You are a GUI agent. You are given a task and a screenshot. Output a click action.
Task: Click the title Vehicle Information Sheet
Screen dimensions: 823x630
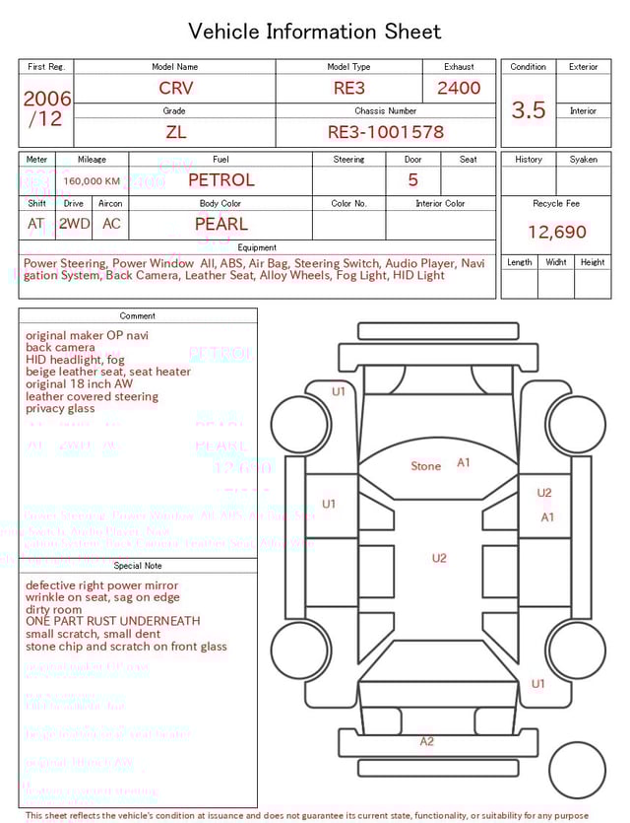315,32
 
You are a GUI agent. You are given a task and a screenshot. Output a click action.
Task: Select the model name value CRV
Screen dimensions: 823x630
176,88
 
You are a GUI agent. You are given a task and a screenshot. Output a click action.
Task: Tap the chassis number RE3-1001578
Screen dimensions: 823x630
386,131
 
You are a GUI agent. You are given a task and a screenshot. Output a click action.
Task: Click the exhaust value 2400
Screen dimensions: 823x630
459,88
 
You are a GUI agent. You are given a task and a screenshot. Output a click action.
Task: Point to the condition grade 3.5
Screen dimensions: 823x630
529,109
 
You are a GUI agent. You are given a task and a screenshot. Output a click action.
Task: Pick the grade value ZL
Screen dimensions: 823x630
175,131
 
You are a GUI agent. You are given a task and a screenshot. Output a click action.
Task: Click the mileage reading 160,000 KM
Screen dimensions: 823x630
92,181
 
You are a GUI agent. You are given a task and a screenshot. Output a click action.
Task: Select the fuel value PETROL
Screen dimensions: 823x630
221,179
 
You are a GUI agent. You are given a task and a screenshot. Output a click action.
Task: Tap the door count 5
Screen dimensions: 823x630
413,179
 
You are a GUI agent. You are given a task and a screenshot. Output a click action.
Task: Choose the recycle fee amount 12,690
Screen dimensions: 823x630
556,233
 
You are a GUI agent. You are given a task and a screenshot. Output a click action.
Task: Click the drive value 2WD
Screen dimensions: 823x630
74,224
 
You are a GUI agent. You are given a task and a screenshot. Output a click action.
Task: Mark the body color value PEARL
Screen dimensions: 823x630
221,224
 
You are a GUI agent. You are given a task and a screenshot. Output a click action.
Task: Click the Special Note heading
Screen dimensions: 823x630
138,566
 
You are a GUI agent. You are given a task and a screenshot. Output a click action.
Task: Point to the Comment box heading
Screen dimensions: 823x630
138,316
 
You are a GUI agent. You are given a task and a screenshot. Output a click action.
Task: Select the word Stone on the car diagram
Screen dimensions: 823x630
425,466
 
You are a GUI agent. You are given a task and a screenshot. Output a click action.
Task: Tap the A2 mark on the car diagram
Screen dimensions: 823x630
426,741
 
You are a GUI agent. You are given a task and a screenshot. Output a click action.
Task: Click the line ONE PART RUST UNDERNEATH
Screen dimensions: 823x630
112,622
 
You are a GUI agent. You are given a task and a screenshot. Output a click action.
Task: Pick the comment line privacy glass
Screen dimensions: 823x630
60,409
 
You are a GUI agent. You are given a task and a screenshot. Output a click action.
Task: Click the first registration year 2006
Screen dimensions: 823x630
47,99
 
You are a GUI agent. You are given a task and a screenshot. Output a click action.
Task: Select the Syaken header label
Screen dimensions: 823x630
583,160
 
